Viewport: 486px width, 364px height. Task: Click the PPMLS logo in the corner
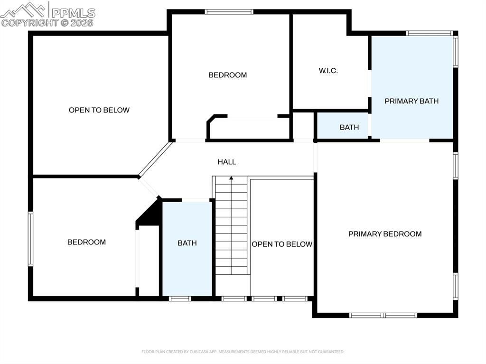[47, 9]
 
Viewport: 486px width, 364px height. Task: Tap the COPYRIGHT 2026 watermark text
[47, 22]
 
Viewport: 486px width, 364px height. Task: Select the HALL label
[227, 162]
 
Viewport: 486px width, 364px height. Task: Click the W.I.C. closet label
[328, 71]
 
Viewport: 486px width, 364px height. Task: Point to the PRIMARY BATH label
[411, 101]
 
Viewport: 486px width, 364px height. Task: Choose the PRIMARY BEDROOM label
[385, 234]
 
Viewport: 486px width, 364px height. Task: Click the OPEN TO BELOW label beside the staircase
[282, 244]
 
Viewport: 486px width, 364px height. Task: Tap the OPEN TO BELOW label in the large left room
[99, 110]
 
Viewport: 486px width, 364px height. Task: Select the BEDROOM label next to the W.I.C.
[228, 75]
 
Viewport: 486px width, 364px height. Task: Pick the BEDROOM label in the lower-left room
[86, 242]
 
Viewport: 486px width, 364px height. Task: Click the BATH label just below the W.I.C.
[349, 127]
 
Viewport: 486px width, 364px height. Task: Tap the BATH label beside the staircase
[187, 243]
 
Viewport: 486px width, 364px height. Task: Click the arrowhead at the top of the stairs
[232, 178]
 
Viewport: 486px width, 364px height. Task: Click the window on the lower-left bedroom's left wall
[30, 238]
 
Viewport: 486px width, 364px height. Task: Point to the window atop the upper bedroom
[229, 12]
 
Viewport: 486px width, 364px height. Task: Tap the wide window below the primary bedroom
[383, 315]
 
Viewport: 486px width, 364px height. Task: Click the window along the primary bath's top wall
[430, 33]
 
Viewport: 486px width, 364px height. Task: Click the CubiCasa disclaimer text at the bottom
[243, 352]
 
